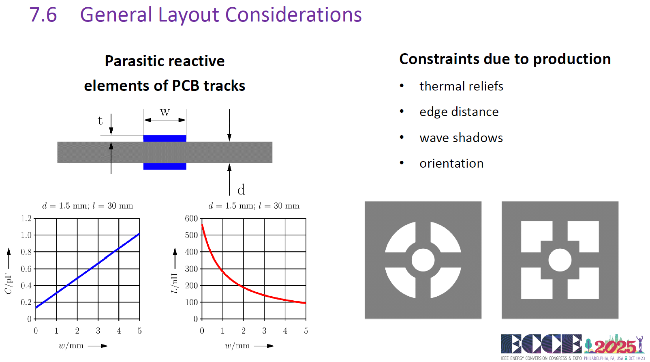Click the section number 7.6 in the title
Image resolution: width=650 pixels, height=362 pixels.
(x=43, y=15)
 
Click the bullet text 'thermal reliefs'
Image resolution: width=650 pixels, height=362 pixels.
(x=461, y=86)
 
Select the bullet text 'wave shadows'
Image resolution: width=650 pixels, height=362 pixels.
(x=461, y=138)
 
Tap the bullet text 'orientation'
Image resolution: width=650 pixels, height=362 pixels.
(x=451, y=163)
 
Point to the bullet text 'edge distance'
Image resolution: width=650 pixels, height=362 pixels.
(x=459, y=112)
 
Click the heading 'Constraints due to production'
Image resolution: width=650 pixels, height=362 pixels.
(x=505, y=59)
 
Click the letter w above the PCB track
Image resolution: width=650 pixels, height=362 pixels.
(x=165, y=112)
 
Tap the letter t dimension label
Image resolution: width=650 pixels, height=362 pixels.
(x=100, y=120)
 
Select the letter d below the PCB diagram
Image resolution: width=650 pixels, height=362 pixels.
(x=241, y=190)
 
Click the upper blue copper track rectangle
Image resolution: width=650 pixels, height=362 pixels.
(x=165, y=138)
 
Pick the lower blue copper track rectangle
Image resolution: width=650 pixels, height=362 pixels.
(x=165, y=166)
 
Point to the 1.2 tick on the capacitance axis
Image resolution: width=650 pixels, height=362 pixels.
(x=26, y=218)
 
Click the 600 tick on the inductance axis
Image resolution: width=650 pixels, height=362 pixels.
(x=191, y=218)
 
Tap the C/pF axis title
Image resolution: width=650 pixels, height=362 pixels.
(x=9, y=284)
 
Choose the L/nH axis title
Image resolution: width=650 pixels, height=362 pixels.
(x=174, y=284)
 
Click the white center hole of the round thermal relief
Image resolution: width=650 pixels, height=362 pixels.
(x=423, y=260)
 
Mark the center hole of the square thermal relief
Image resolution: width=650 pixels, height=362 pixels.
(x=560, y=260)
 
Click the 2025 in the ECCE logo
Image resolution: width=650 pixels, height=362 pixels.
(x=615, y=346)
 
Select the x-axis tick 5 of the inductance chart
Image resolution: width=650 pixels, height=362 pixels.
(x=306, y=331)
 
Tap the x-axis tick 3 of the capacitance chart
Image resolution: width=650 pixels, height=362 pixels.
(x=98, y=331)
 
